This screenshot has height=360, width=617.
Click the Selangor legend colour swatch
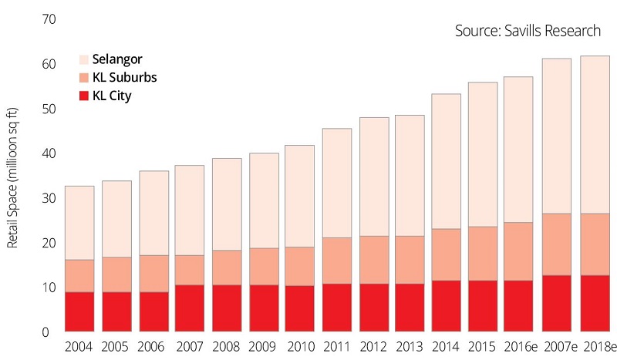(x=84, y=59)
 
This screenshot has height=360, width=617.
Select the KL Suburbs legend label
(x=125, y=78)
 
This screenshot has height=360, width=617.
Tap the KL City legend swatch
(x=84, y=96)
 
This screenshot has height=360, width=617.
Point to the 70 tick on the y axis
(x=49, y=19)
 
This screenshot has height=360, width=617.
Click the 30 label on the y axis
(x=49, y=198)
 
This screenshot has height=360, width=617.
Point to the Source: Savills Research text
(x=528, y=32)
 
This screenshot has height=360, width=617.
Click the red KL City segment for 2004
(x=79, y=312)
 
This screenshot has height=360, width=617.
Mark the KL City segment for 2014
(x=447, y=306)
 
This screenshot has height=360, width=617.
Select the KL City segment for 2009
(x=263, y=308)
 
